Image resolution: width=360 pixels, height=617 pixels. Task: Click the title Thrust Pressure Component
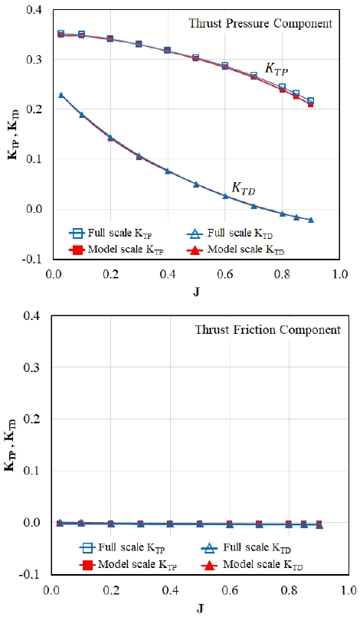click(260, 23)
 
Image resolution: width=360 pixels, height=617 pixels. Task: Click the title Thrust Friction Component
click(268, 329)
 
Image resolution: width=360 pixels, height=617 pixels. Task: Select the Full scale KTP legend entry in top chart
click(110, 233)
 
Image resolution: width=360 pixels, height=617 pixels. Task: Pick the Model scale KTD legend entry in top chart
click(236, 250)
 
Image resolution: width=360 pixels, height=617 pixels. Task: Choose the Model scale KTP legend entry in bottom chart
click(128, 565)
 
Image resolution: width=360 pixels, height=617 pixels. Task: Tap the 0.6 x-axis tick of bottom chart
click(230, 591)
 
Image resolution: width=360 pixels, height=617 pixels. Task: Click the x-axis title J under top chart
click(196, 292)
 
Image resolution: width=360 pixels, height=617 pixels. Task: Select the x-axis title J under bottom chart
click(201, 609)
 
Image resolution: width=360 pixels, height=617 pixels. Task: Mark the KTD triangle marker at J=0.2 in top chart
click(110, 138)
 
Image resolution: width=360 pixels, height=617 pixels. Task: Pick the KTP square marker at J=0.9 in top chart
click(310, 101)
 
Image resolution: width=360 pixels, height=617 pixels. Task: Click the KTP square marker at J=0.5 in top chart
click(196, 58)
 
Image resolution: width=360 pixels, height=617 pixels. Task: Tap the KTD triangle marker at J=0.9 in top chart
click(311, 220)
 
